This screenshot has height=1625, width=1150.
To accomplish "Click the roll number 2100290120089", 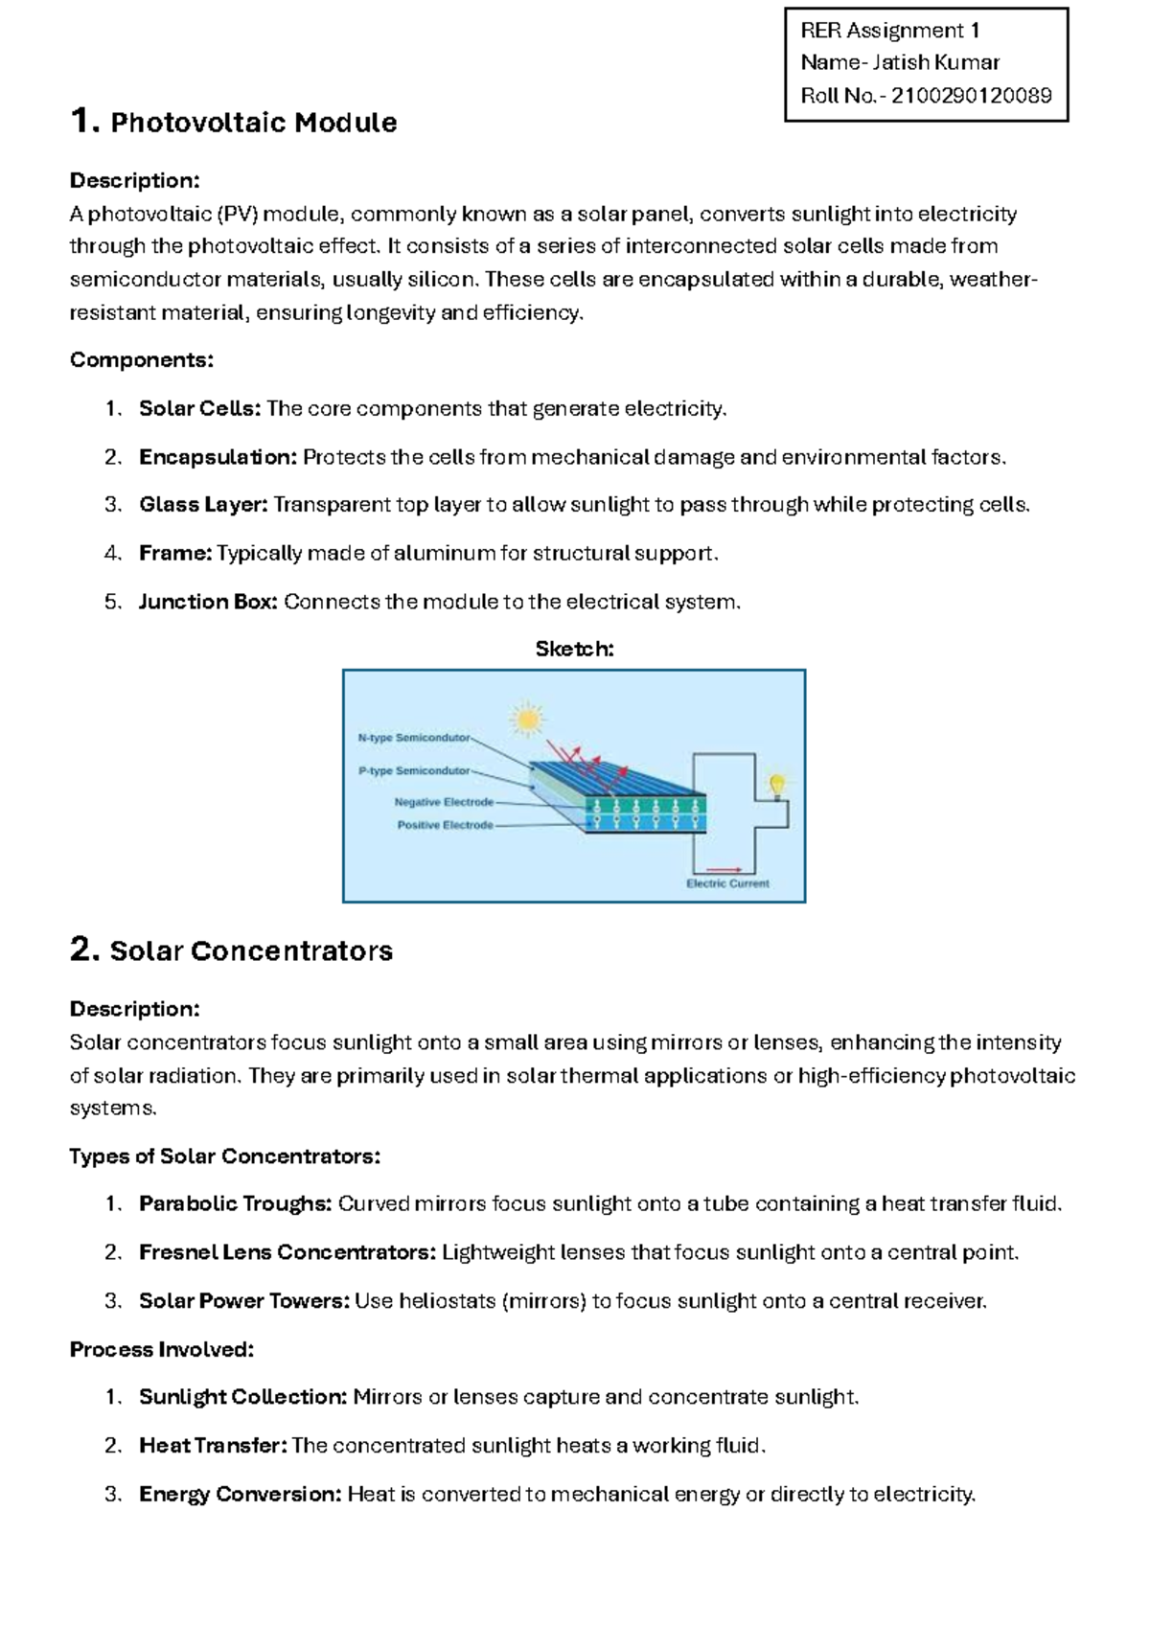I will coord(971,96).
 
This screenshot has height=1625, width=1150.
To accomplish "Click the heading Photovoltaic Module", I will coord(253,123).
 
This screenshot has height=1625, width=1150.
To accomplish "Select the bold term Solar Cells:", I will coord(199,409).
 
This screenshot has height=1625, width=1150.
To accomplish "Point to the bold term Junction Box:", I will coord(208,602).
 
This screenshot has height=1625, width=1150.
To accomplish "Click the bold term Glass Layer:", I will coord(203,505).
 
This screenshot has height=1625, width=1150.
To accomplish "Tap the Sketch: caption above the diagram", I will coord(574,650).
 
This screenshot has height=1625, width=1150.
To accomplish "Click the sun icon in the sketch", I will coord(526,719).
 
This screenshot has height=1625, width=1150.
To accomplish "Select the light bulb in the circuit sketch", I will coord(778,786).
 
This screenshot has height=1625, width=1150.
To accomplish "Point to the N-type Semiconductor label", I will coord(414,738).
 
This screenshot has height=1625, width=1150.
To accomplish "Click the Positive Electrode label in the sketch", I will coord(445,825).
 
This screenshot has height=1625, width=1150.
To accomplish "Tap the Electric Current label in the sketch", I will coord(727,883).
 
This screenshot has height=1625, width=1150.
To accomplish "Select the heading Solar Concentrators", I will coord(251,951).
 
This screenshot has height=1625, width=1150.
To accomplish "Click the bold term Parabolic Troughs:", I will coord(235,1204).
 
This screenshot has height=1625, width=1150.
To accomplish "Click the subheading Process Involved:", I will coord(161,1350).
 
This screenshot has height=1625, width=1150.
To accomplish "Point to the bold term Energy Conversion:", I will coord(240,1494).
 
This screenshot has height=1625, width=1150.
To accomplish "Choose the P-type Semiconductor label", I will coord(414,770).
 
